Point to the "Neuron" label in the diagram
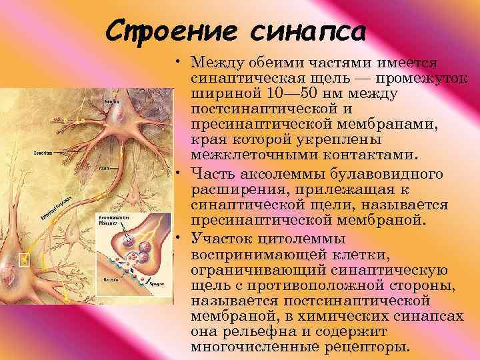(111, 101)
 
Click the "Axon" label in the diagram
(105, 169)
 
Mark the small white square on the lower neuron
(25, 259)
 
